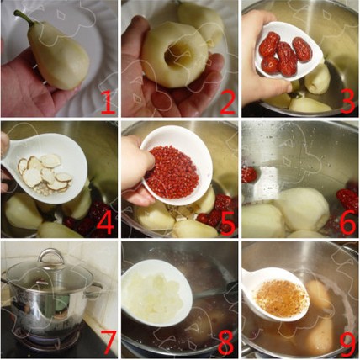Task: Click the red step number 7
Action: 108,342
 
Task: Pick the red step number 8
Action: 226,342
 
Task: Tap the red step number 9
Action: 347,342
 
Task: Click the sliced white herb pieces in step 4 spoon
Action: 45,174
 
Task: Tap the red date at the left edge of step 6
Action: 249,174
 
